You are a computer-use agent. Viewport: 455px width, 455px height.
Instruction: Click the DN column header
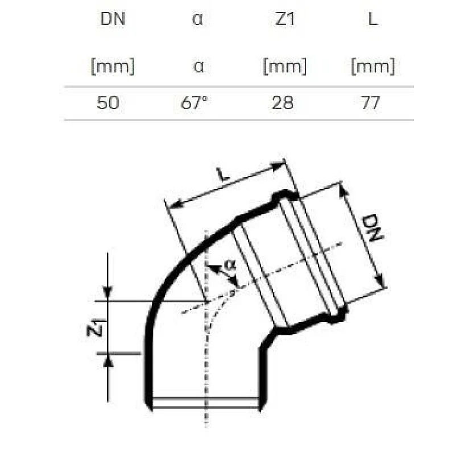click(x=112, y=19)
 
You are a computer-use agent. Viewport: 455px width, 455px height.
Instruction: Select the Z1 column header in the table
click(x=284, y=19)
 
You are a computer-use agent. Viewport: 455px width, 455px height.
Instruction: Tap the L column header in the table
click(x=373, y=19)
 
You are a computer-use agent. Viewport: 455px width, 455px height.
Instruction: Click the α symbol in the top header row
click(x=198, y=19)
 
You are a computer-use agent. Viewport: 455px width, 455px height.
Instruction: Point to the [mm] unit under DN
click(x=112, y=67)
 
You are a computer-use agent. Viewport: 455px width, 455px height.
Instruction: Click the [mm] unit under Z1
click(x=284, y=67)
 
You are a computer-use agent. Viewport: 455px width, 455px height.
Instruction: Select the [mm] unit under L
click(x=373, y=67)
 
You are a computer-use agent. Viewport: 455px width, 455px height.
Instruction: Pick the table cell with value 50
click(x=108, y=103)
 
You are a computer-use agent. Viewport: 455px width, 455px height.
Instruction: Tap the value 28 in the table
click(x=283, y=103)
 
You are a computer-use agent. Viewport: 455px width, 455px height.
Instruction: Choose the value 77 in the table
click(x=370, y=103)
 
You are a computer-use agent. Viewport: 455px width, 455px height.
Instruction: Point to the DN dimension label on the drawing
click(x=372, y=229)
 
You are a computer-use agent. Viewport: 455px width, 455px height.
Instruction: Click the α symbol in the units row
click(x=198, y=67)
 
